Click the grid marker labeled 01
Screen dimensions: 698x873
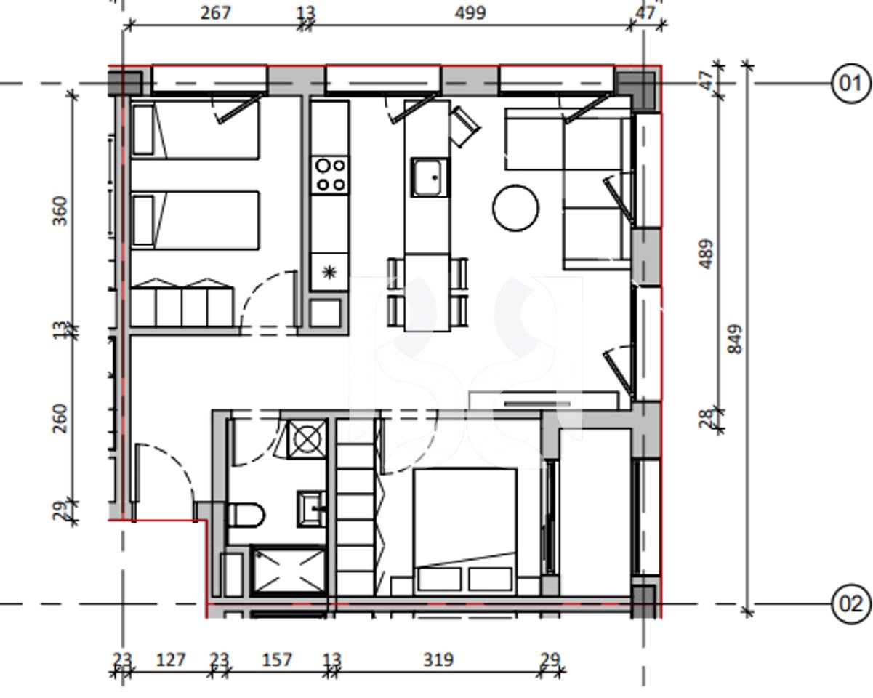point(850,84)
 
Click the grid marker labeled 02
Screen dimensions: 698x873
point(850,604)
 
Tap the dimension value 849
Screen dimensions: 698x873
point(735,339)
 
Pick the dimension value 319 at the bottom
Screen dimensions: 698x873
point(438,659)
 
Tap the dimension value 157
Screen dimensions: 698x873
point(276,659)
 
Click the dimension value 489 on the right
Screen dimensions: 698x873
point(705,254)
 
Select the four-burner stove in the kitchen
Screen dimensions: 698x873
point(329,175)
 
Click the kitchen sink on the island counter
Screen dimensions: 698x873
point(430,177)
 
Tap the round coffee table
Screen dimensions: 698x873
point(516,208)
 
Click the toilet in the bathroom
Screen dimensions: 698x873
point(246,515)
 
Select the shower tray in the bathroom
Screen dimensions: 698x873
point(288,571)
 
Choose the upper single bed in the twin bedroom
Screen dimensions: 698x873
point(194,130)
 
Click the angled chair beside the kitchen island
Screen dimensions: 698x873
point(464,127)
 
